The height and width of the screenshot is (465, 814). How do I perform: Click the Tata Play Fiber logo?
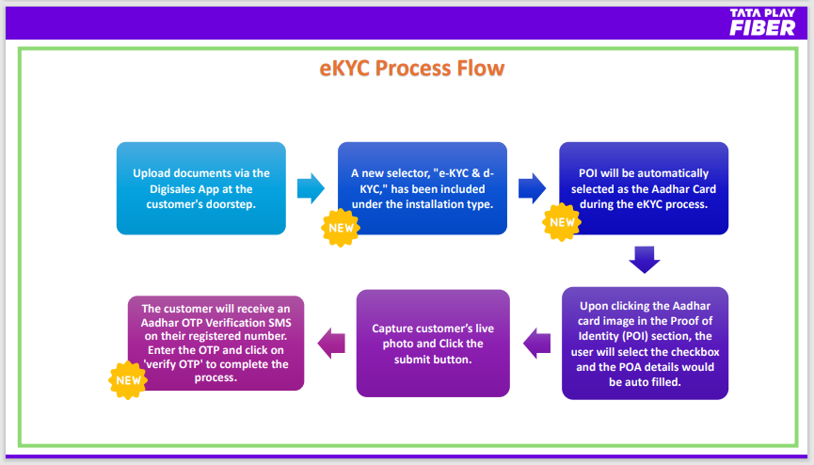coord(762,22)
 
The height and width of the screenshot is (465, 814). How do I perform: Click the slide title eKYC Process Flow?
coord(411,68)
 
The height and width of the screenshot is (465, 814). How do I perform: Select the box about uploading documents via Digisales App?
coord(200,188)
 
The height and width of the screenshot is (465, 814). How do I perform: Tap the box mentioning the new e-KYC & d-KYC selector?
coord(422,188)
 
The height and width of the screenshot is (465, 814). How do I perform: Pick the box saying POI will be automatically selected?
coord(644,188)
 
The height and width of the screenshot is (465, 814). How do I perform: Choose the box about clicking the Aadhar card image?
coord(645,344)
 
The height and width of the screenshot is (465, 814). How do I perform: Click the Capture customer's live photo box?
coord(433,344)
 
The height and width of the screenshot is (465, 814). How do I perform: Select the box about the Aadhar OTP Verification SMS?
coord(215,343)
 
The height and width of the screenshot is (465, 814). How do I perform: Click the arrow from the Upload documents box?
coord(311,188)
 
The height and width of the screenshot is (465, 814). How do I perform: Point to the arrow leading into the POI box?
coord(532,188)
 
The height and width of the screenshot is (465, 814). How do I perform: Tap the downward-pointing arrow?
coord(645,260)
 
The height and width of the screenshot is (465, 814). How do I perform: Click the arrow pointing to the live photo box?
coord(536,344)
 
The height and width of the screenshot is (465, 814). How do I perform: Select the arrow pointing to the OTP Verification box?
coord(331,344)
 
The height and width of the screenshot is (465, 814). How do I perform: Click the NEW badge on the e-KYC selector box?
coord(341,228)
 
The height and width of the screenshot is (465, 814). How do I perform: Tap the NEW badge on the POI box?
coord(562,222)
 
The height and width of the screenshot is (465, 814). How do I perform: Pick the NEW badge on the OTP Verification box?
coord(128,380)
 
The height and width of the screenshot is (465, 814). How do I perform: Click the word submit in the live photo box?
coord(413,359)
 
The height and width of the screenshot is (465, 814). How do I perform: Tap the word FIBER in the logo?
coord(762,28)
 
